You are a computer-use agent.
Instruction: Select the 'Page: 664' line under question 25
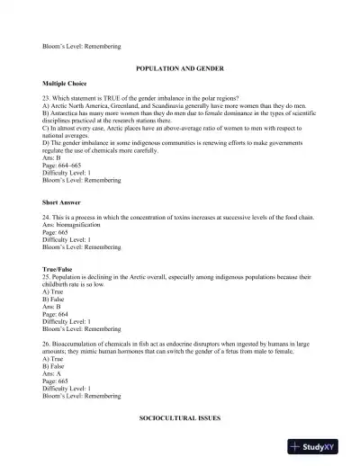click(x=57, y=313)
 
